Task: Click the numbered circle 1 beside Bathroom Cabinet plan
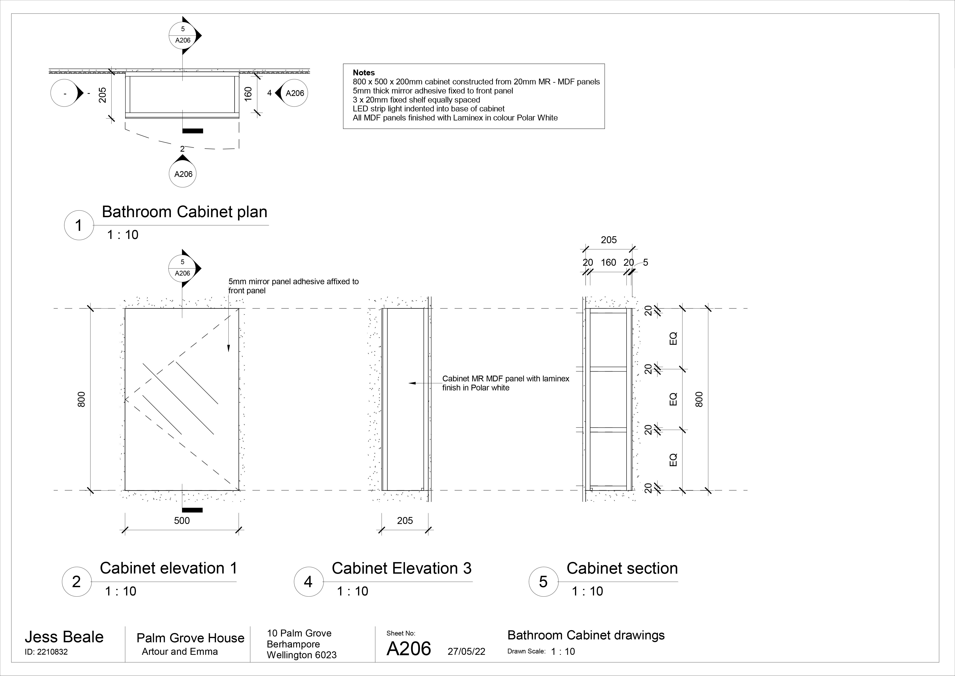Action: click(79, 226)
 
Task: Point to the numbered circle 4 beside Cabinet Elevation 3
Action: click(308, 582)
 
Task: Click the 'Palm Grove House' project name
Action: click(191, 638)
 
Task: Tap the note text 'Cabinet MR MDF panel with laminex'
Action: click(505, 379)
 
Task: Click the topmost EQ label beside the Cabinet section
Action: click(673, 338)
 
